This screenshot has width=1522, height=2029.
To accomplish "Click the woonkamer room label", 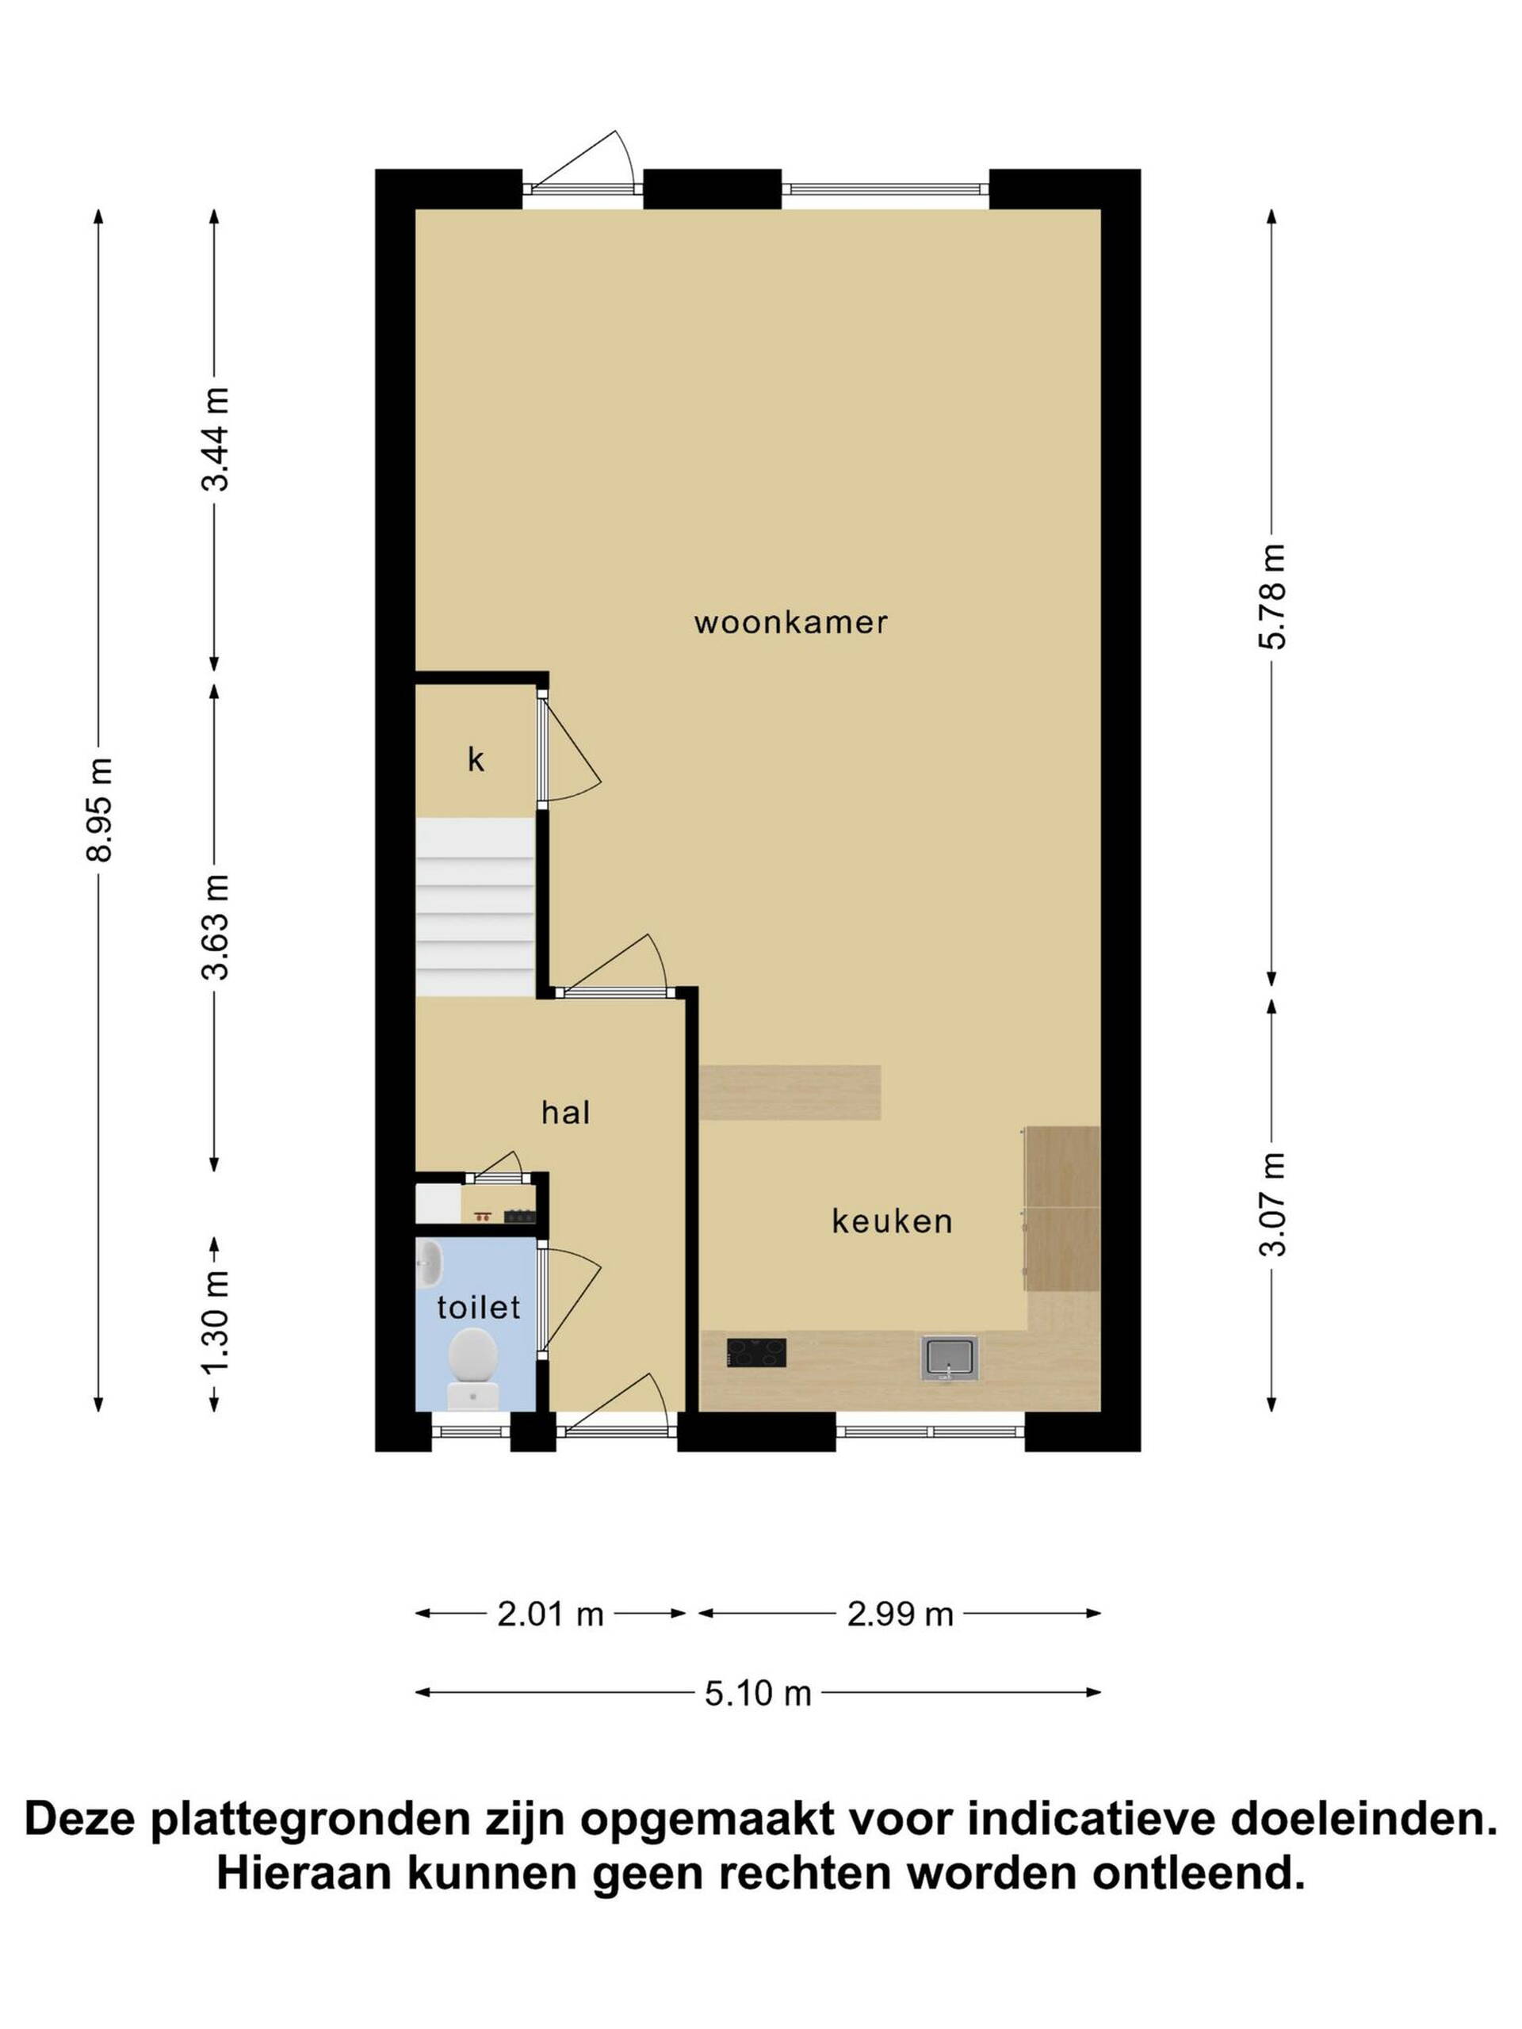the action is [791, 623].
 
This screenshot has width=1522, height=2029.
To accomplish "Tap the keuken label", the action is [892, 1221].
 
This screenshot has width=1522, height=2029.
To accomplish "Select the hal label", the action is [565, 1113].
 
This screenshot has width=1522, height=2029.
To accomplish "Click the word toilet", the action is [478, 1307].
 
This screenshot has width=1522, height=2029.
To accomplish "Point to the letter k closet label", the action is [475, 759].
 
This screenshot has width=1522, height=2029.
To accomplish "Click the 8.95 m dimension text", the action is [99, 809].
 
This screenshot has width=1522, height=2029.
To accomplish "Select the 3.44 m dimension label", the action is [216, 439].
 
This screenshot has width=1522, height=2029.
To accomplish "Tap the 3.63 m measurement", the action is [216, 927].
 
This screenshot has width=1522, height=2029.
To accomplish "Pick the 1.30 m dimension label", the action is [216, 1323].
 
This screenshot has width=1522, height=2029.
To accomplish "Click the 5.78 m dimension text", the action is [1272, 596].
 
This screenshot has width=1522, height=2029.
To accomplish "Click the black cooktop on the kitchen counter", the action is [756, 1353].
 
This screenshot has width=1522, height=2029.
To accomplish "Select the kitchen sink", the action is [950, 1358].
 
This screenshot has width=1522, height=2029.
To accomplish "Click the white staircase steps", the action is [475, 908].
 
